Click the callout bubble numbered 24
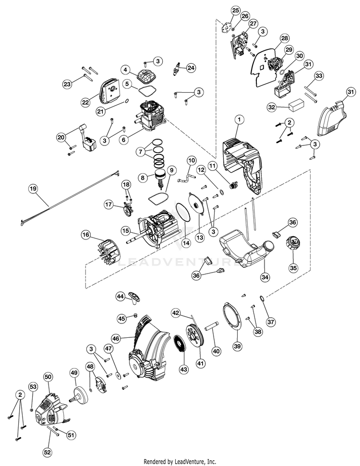(191, 68)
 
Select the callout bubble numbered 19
(33, 189)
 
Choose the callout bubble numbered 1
(239, 120)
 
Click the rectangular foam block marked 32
(297, 106)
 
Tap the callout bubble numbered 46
(116, 338)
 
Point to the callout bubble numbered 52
(47, 453)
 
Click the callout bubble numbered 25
(235, 11)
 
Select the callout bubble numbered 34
(265, 277)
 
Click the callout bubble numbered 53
(33, 387)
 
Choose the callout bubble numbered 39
(237, 346)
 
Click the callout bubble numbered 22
(85, 103)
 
